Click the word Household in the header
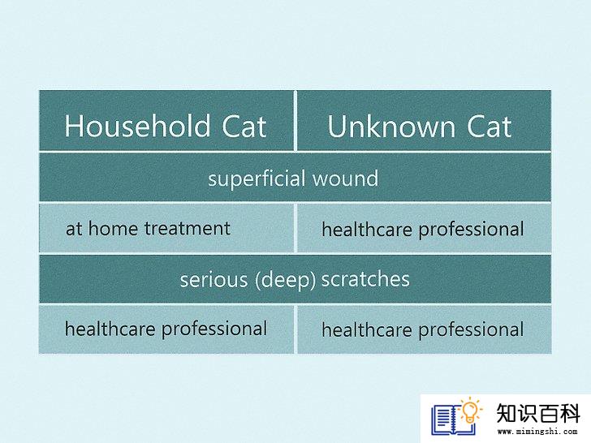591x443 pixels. pos(137,126)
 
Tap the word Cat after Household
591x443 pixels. pos(244,127)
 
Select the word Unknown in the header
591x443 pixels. pos(391,127)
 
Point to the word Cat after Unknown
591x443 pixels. pos(490,127)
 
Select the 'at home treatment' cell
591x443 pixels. pos(166,228)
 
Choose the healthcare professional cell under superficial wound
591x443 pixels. pos(424,228)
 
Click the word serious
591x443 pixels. pos(214,280)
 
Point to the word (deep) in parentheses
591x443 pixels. pos(285,280)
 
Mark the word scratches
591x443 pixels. pos(365,279)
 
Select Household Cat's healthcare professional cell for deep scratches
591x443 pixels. pos(166,329)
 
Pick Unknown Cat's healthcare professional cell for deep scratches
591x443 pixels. pos(424,329)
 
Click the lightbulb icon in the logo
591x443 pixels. pos(470,411)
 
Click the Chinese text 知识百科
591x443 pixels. pos(538,414)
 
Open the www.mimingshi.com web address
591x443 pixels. pos(538,432)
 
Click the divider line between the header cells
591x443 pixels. pos(295,121)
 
